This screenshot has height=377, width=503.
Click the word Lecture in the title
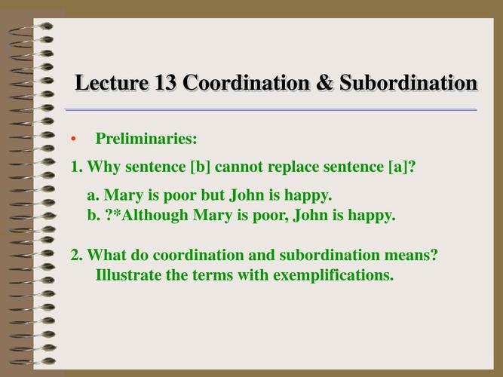(x=112, y=82)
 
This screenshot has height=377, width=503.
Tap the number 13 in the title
(x=165, y=82)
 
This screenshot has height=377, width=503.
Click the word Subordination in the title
(x=409, y=82)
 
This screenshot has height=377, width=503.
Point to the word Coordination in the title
(x=247, y=82)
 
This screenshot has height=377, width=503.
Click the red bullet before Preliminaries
(x=73, y=139)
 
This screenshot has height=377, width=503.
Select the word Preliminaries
(x=146, y=139)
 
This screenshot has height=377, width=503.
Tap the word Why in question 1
(x=103, y=167)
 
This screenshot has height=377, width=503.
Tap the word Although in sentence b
(x=155, y=216)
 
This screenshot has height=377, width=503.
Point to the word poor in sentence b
(x=271, y=216)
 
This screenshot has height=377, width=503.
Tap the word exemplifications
(x=333, y=276)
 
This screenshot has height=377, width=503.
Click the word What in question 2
(x=107, y=255)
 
